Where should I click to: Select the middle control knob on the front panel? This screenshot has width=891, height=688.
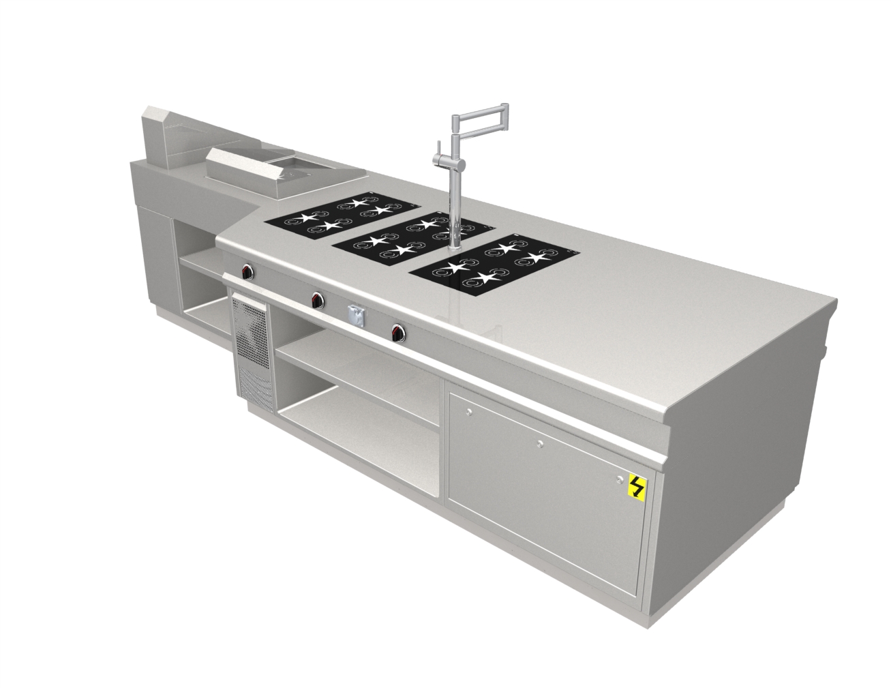click(317, 298)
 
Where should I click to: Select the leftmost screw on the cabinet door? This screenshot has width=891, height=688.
click(468, 412)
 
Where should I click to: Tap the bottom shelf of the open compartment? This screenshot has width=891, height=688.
click(361, 426)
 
